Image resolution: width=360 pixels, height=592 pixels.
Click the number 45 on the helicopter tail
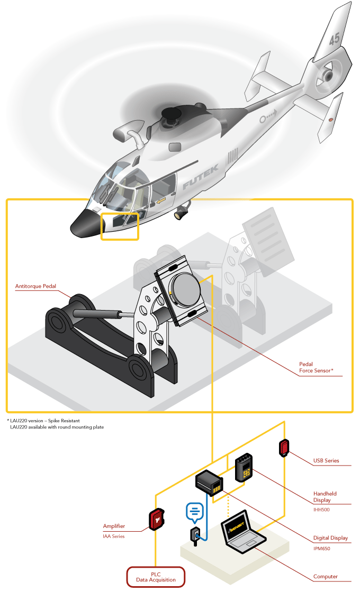334,39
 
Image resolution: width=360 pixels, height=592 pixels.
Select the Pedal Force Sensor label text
316,368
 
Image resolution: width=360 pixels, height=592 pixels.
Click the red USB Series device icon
284,448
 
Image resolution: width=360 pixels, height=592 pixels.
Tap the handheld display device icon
244,467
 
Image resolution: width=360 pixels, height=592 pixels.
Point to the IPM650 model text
321,549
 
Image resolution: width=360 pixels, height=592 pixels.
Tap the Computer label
325,577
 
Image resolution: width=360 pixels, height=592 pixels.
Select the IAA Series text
113,536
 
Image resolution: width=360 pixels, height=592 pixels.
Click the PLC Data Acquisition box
155,577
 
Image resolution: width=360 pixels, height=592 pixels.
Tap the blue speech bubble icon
194,511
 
